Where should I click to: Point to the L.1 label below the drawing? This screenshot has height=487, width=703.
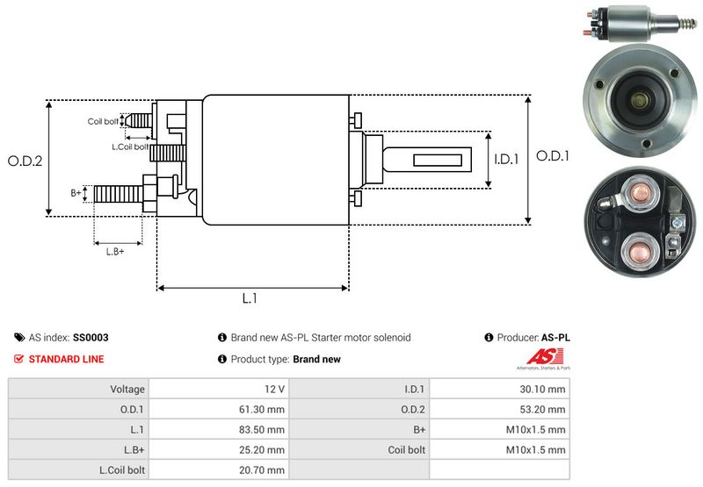[x=250, y=298]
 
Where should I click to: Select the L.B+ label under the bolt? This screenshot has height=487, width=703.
[x=115, y=252]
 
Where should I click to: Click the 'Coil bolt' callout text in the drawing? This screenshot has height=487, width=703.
[x=102, y=121]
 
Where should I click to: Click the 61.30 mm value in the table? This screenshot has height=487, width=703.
[x=264, y=409]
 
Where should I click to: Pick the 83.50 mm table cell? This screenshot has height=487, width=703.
[x=264, y=429]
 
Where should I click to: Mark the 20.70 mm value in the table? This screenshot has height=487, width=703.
[x=264, y=469]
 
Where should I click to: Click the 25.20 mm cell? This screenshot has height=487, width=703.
[x=264, y=449]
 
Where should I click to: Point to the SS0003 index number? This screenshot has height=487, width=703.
[x=91, y=337]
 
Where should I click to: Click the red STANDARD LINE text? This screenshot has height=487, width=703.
[x=66, y=359]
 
